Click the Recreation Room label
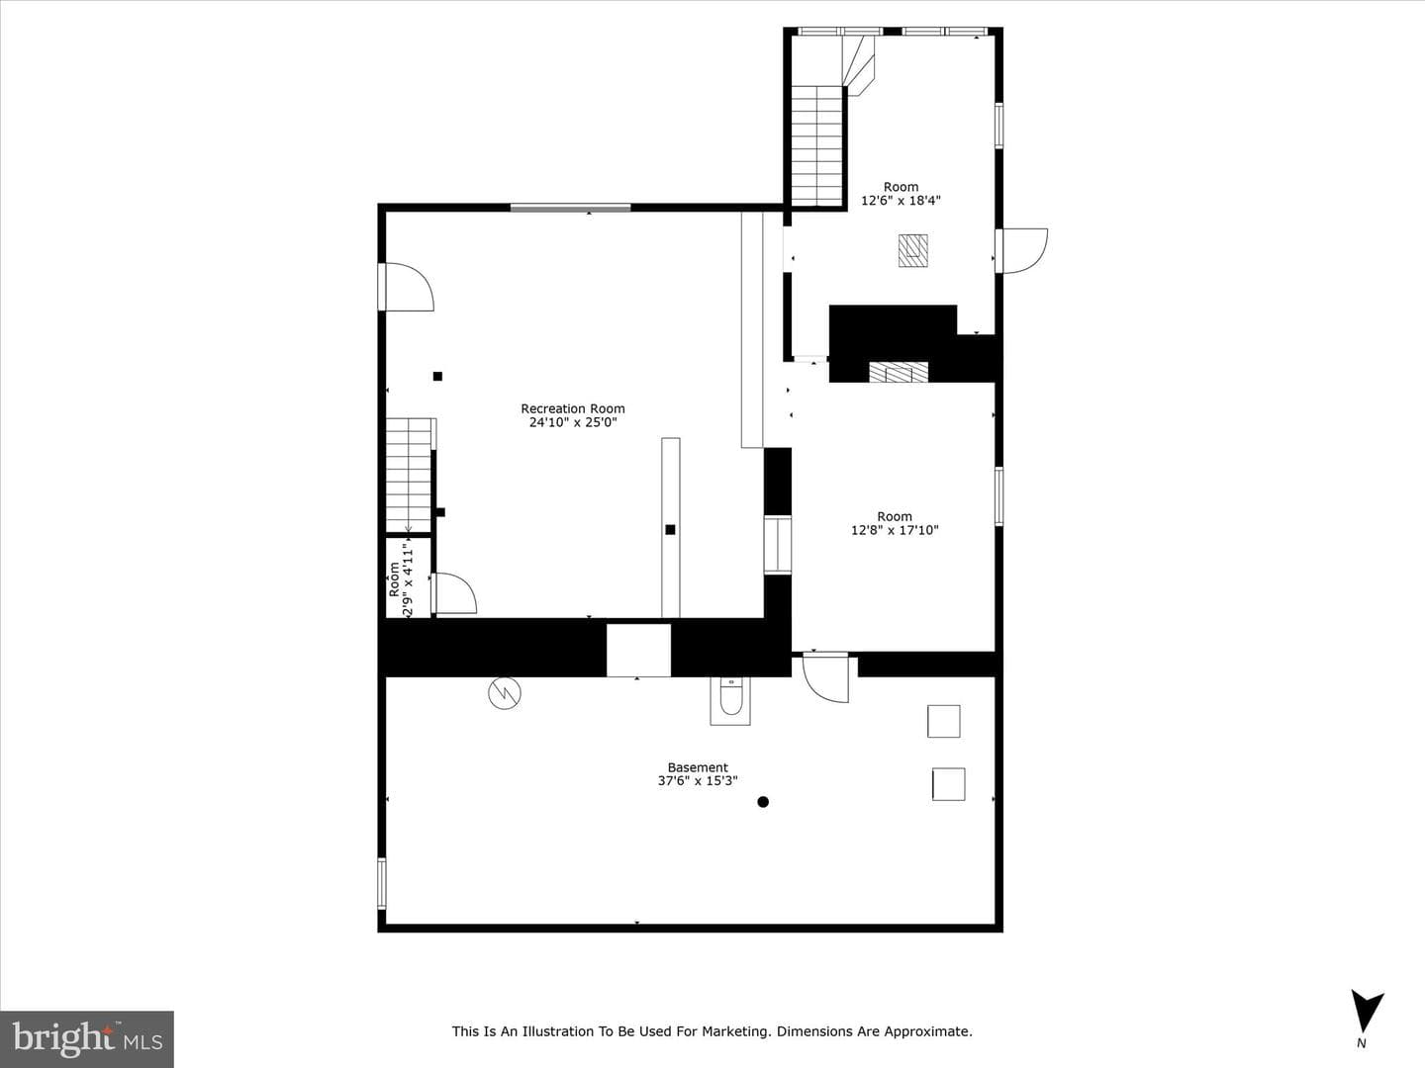(573, 408)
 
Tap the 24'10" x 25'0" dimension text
(573, 423)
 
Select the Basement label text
(698, 767)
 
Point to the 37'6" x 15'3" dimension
(698, 781)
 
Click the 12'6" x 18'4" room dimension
(901, 201)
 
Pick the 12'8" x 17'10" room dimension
(895, 530)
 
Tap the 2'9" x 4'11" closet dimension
(408, 579)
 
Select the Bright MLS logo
(87, 1038)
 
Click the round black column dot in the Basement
(763, 802)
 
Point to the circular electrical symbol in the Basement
(505, 693)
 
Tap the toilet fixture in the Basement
(730, 700)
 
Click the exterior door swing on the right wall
(1023, 251)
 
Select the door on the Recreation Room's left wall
(407, 287)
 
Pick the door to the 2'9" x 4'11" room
(454, 592)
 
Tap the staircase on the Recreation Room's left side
(409, 476)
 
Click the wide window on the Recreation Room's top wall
(571, 208)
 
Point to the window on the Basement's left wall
(382, 883)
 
